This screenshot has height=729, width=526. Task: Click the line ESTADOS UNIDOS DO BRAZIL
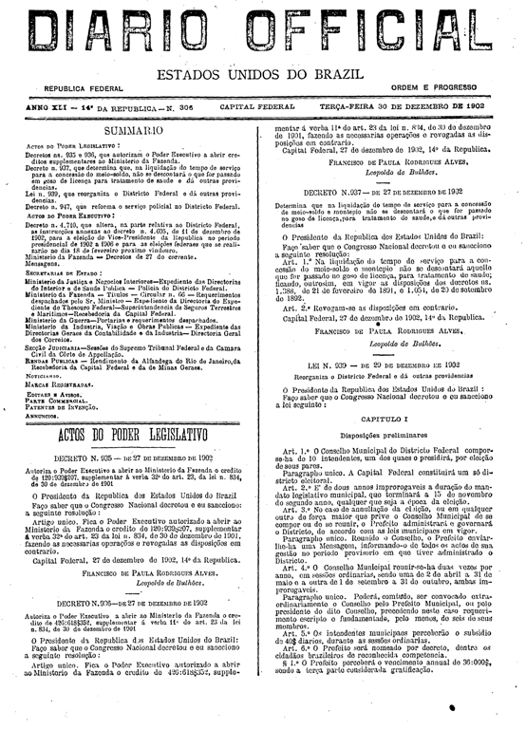(263, 75)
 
